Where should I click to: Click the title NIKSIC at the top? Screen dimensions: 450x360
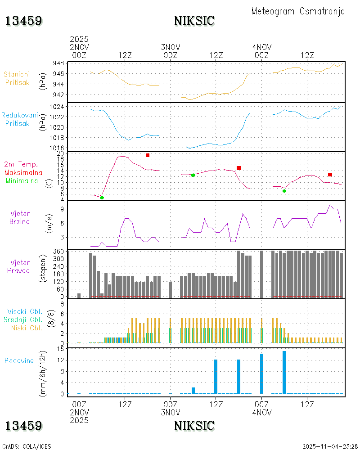[x=194, y=21]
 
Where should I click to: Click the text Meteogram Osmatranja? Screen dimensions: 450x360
[x=298, y=11]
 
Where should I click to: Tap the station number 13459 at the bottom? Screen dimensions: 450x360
[x=24, y=425]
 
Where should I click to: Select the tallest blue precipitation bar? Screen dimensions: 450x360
[x=284, y=372]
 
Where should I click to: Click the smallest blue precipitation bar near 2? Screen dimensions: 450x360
[x=193, y=390]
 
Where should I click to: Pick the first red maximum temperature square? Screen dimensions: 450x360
[x=148, y=155]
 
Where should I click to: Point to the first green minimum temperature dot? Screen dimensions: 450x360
[x=102, y=198]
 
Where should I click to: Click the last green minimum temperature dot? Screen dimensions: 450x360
[x=284, y=191]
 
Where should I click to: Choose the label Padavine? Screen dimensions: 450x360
[x=19, y=360]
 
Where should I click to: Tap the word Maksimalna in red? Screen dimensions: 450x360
[x=23, y=172]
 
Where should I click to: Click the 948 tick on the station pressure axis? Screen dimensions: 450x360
[x=58, y=63]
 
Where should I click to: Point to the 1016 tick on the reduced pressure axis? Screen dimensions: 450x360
[x=56, y=148]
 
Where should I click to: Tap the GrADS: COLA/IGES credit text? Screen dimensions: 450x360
[x=27, y=446]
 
